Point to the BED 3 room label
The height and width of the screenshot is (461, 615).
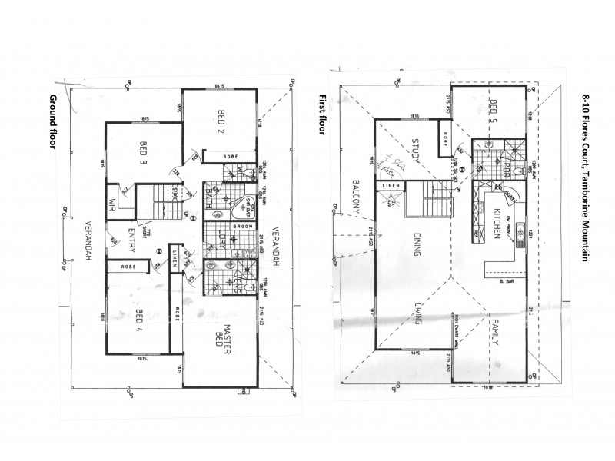(x=144, y=151)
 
